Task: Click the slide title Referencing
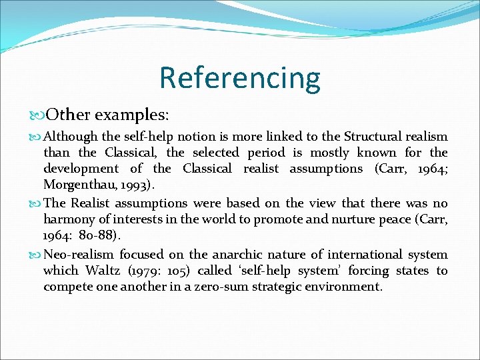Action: [239, 77]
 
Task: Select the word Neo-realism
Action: [81, 254]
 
